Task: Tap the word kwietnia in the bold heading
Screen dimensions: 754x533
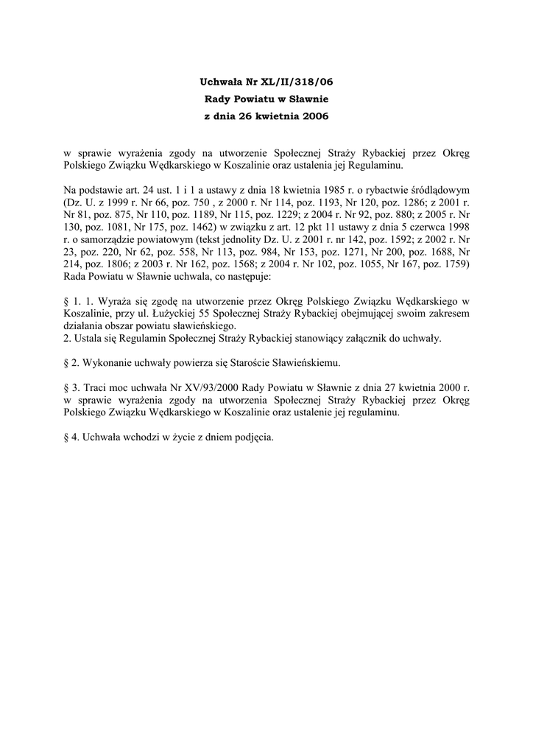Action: click(x=272, y=116)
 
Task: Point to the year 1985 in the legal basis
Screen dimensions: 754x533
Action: click(x=327, y=191)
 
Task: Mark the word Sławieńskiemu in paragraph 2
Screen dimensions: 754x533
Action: click(x=306, y=363)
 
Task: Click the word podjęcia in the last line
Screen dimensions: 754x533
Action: click(x=252, y=438)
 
